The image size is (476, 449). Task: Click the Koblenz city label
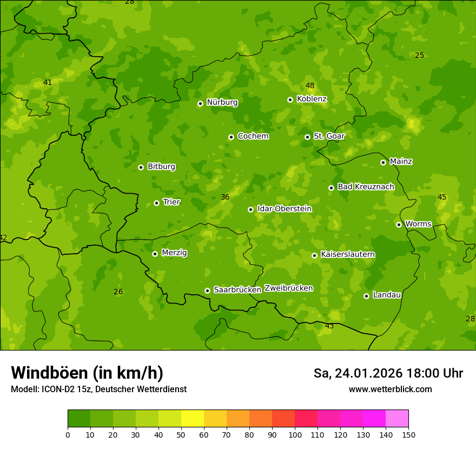point(312,99)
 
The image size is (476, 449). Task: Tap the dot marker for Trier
point(156,203)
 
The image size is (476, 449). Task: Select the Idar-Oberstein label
point(285,209)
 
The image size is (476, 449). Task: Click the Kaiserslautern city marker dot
point(314,255)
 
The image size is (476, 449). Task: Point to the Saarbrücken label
point(237,290)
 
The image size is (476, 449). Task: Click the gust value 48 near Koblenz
point(310,85)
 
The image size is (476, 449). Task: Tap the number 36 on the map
point(225,197)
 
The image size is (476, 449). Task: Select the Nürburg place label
point(222,102)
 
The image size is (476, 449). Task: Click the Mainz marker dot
point(383,162)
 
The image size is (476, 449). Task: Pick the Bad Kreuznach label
point(366,187)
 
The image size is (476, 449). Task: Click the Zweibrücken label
point(288,288)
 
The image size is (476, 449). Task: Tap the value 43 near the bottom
point(329,326)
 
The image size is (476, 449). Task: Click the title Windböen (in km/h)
point(87,373)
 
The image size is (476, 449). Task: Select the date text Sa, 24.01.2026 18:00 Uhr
point(388,373)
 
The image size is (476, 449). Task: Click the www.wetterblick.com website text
point(390,389)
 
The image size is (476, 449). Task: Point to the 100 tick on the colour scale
point(295,434)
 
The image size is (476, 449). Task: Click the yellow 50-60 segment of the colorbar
point(193,419)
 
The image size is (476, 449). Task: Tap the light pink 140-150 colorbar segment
point(397,419)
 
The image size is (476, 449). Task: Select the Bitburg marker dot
point(141,167)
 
